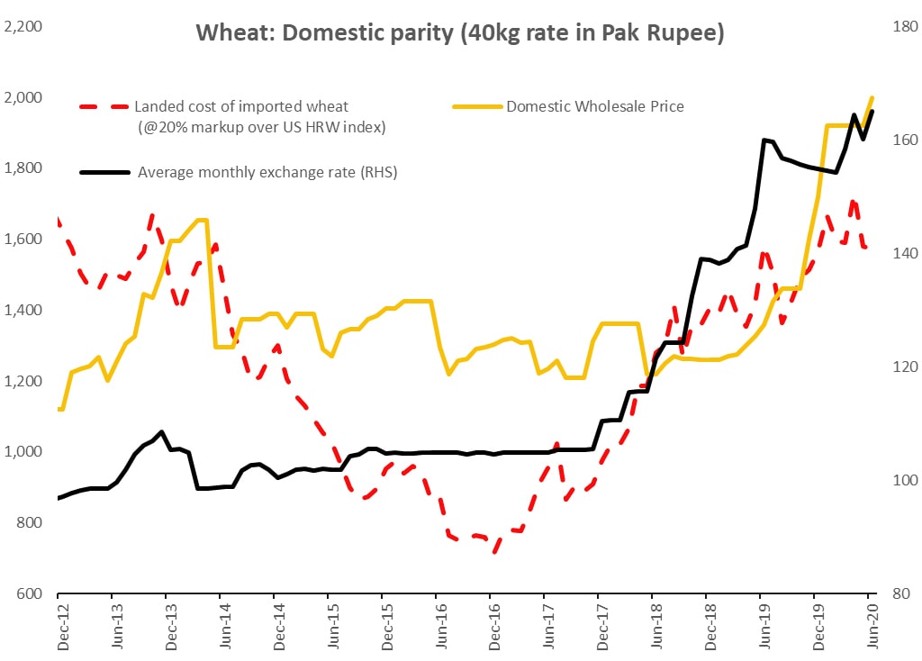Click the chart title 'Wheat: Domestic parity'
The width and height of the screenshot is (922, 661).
tap(460, 34)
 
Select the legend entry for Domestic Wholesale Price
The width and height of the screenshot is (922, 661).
tap(595, 106)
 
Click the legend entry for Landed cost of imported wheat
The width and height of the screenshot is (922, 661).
tap(241, 107)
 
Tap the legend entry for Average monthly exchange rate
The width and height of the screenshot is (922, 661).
tap(267, 171)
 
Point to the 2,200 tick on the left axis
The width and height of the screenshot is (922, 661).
tap(24, 26)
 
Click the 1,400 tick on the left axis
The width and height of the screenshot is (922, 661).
tap(24, 310)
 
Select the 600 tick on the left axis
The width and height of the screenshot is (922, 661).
tap(31, 593)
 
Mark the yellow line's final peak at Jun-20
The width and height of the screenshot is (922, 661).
tap(872, 97)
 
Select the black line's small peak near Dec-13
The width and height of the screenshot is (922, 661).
tap(161, 431)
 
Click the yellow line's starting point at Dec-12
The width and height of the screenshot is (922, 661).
tap(59, 409)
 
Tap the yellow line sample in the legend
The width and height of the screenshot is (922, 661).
tap(475, 106)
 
